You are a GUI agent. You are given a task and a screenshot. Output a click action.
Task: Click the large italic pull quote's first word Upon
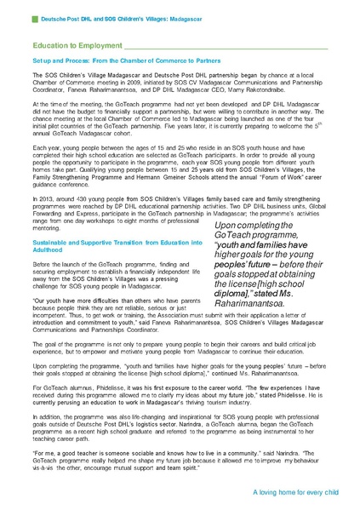tap(214, 222)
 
